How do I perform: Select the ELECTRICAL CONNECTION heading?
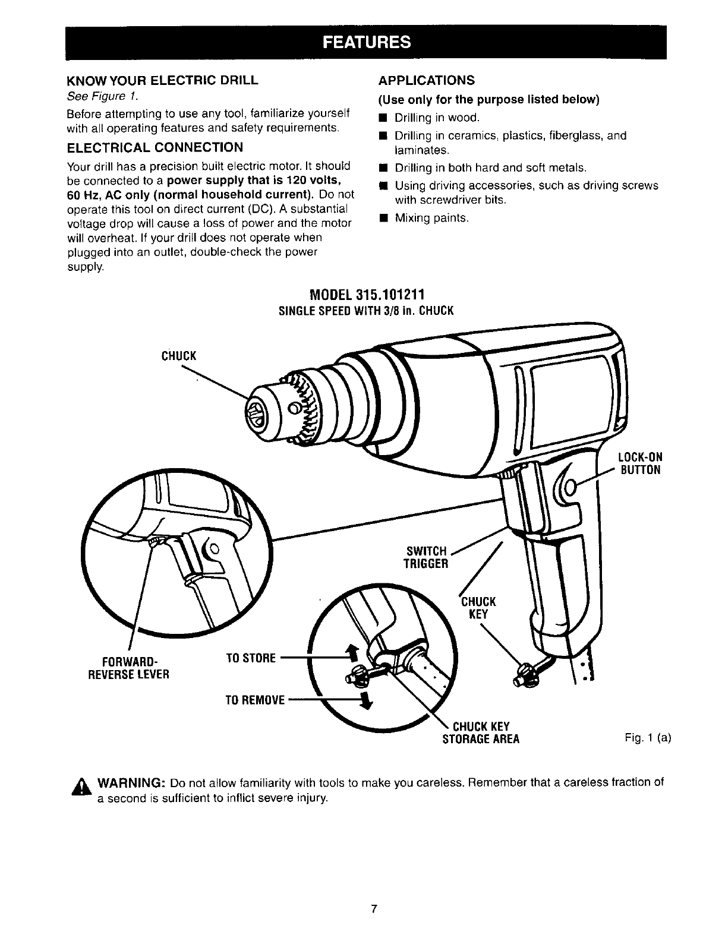pyautogui.click(x=154, y=147)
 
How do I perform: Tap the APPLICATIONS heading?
pyautogui.click(x=427, y=80)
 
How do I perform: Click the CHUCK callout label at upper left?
pyautogui.click(x=178, y=356)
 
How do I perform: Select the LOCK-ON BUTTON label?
pyautogui.click(x=640, y=463)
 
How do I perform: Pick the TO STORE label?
pyautogui.click(x=251, y=658)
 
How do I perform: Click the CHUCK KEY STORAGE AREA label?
pyautogui.click(x=481, y=732)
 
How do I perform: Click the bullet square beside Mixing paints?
pyautogui.click(x=384, y=218)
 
